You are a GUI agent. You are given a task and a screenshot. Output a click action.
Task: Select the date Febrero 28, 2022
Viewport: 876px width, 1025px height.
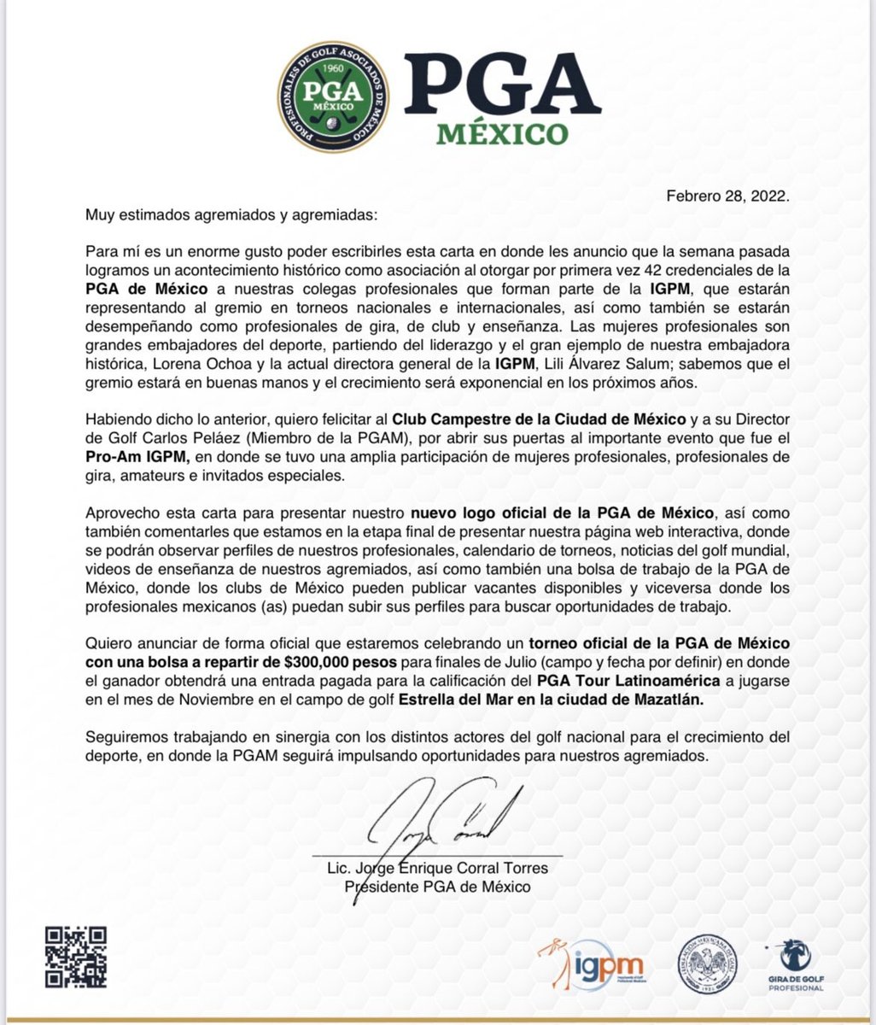tap(729, 195)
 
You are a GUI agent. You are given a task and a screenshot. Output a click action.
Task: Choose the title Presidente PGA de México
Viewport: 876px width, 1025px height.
tap(437, 887)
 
